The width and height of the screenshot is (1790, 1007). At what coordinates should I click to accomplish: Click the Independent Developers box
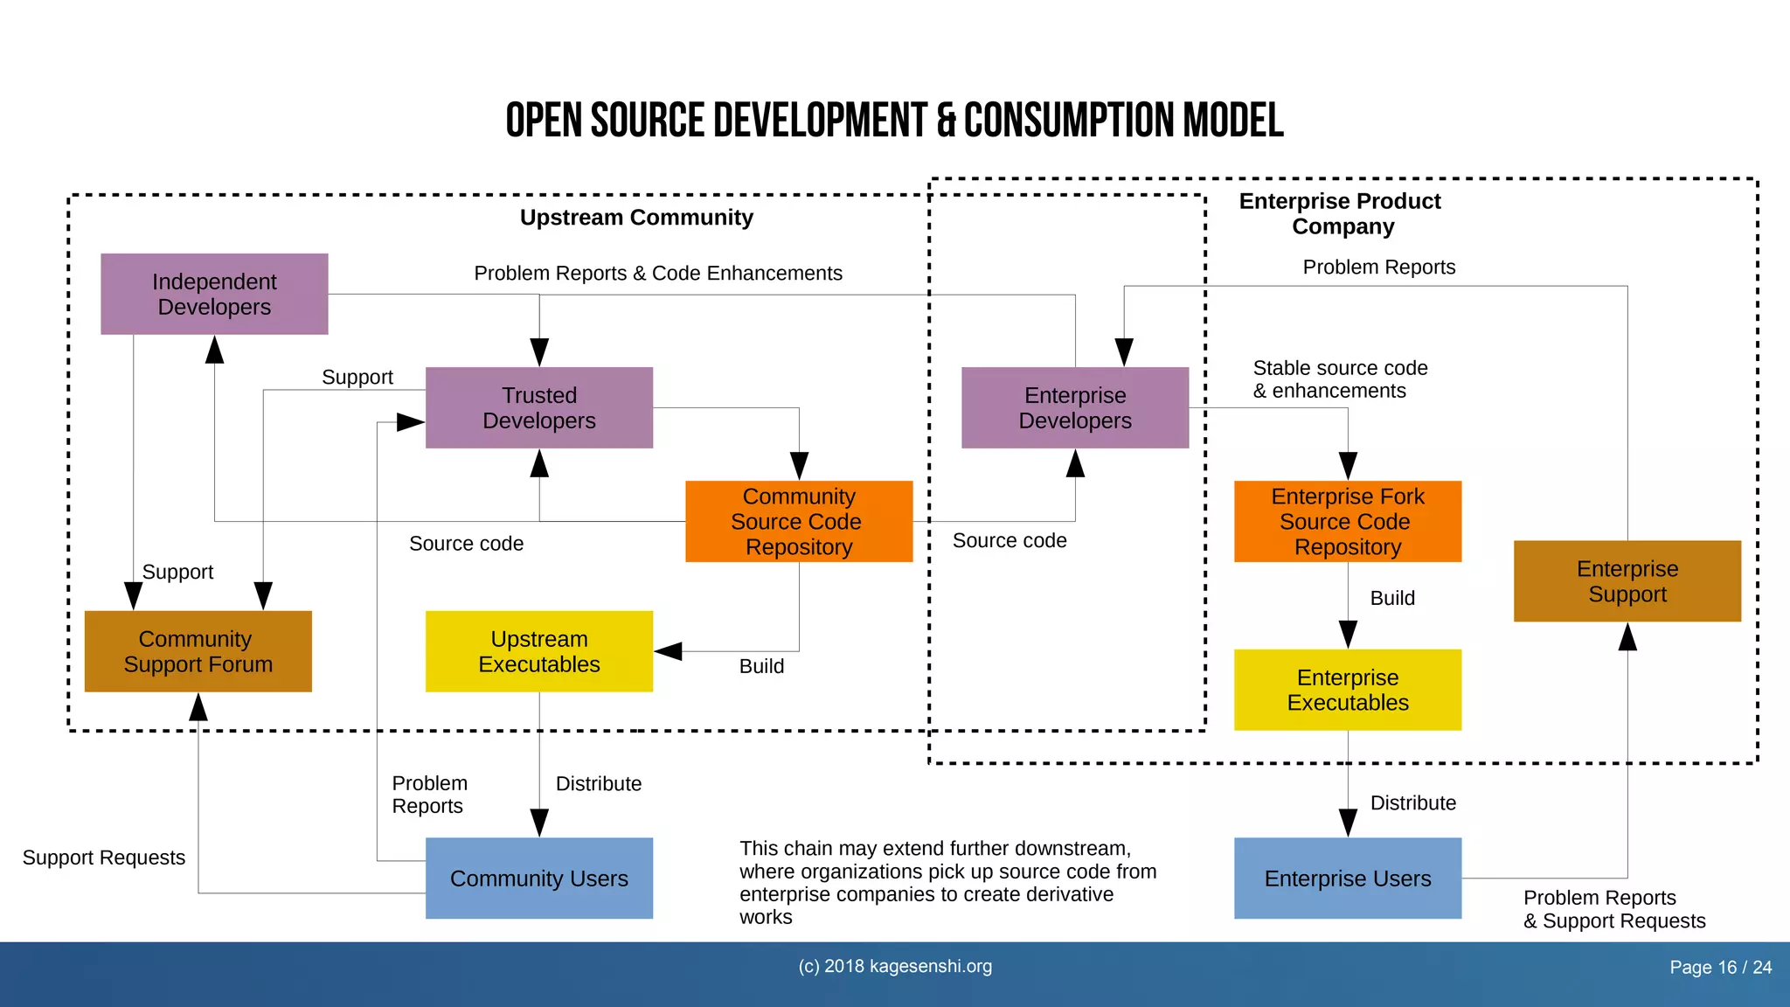[x=214, y=295]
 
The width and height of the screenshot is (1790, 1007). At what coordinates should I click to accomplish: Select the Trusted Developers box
[x=538, y=408]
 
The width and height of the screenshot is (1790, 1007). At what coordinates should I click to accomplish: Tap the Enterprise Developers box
[x=1074, y=408]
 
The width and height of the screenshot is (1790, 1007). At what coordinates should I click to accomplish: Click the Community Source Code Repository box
[x=798, y=522]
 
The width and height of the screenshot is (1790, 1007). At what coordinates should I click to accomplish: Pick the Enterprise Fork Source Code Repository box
[x=1347, y=522]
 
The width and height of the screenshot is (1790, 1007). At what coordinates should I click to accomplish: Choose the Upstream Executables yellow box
[x=538, y=652]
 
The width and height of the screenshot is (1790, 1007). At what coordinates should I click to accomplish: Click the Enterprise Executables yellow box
[x=1347, y=691]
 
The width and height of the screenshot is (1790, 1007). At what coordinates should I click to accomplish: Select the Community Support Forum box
[x=198, y=652]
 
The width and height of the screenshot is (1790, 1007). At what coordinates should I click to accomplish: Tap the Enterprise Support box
[x=1627, y=581]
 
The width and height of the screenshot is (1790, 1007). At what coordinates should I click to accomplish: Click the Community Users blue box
[x=538, y=879]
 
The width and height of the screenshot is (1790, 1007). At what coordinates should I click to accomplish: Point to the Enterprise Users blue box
[x=1347, y=879]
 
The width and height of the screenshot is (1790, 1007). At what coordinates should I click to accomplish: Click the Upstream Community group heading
[x=636, y=218]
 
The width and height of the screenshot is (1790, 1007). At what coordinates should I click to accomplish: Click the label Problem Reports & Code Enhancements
[x=658, y=274]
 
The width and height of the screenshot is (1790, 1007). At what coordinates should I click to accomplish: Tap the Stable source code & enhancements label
[x=1339, y=379]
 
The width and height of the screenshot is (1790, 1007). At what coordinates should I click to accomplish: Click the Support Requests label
[x=104, y=858]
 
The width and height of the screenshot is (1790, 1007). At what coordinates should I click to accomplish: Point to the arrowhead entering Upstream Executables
[x=669, y=651]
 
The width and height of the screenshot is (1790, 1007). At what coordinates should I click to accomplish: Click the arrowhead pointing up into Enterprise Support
[x=1627, y=637]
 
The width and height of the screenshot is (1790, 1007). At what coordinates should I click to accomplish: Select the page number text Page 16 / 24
[x=1720, y=968]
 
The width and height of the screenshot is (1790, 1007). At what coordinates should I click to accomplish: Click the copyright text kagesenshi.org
[x=895, y=966]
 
